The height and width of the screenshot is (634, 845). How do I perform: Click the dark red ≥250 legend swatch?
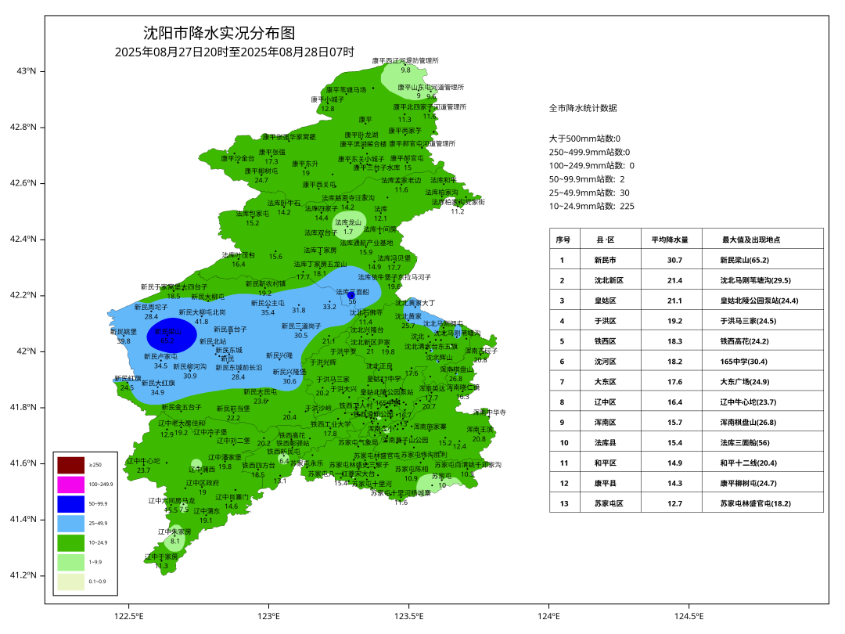click(x=70, y=465)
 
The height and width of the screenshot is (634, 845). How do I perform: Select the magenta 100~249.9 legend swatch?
click(x=70, y=485)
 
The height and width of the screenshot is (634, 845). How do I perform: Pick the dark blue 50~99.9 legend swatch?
click(x=70, y=504)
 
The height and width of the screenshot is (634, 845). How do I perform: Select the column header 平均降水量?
click(x=669, y=240)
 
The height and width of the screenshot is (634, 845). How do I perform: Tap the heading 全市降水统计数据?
click(x=583, y=108)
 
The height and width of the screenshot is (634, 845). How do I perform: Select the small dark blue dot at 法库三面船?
click(x=351, y=295)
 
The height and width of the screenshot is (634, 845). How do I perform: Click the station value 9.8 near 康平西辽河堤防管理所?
click(x=405, y=70)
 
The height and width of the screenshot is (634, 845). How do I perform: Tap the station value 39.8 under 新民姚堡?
click(x=123, y=341)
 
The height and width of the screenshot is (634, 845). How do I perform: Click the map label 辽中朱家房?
click(x=174, y=531)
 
